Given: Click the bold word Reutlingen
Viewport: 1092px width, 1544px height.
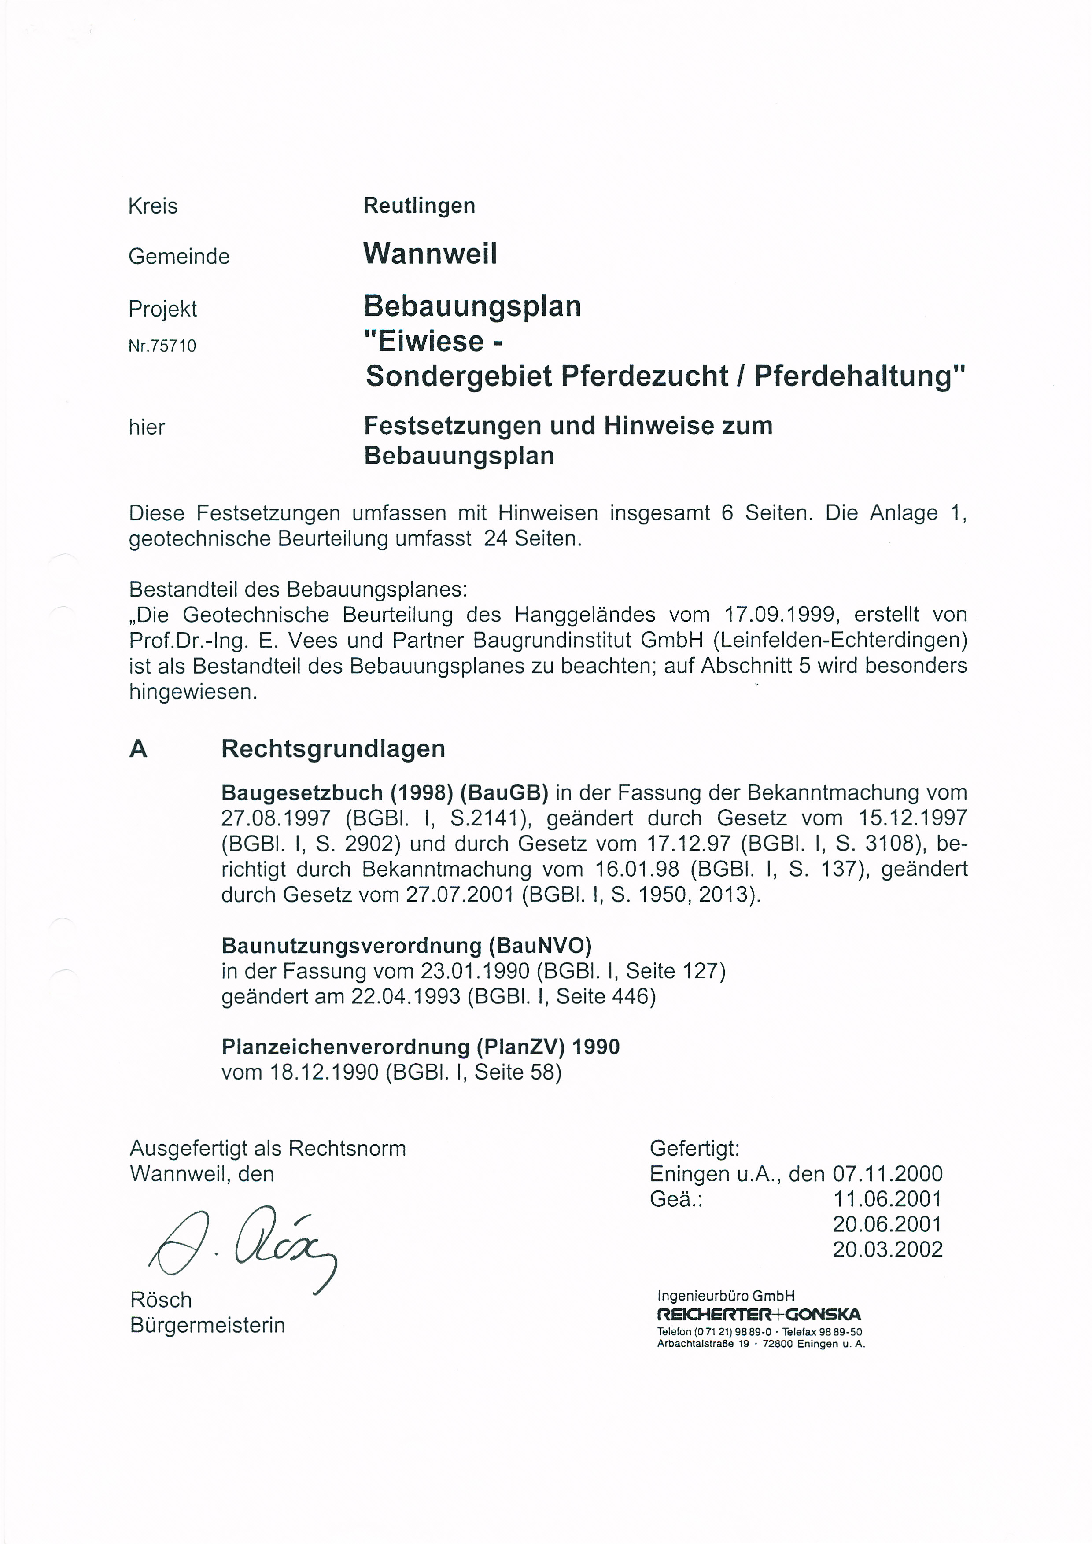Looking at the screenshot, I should pyautogui.click(x=419, y=206).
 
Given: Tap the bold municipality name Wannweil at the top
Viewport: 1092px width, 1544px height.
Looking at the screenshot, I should pyautogui.click(x=430, y=254).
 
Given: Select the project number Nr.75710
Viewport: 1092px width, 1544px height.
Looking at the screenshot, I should pyautogui.click(x=162, y=346).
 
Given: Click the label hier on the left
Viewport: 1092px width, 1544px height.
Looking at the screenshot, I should pyautogui.click(x=147, y=427).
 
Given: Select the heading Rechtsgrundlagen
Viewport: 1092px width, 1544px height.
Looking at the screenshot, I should pyautogui.click(x=333, y=749).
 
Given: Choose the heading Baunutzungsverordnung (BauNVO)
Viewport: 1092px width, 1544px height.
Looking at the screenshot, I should pyautogui.click(x=406, y=946).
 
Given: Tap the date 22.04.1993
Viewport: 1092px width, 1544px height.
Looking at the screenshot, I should pyautogui.click(x=406, y=996).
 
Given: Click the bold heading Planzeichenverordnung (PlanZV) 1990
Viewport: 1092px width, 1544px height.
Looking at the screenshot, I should pyautogui.click(x=420, y=1047).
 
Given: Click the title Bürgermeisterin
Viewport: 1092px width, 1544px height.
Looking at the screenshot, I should pyautogui.click(x=208, y=1325).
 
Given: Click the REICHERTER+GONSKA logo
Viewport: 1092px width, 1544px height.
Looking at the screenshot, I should pyautogui.click(x=759, y=1314).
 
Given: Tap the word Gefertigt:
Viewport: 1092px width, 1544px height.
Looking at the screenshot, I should pyautogui.click(x=694, y=1148).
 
